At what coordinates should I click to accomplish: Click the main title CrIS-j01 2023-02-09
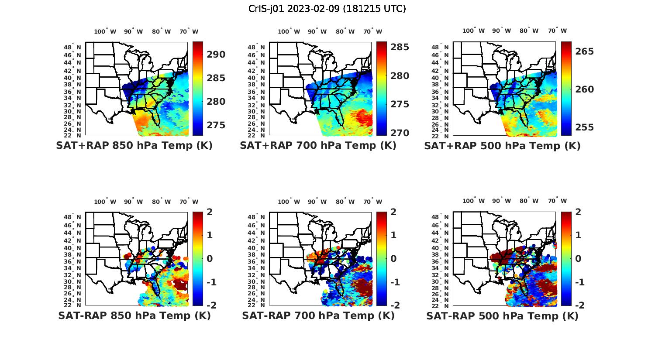[x=327, y=9]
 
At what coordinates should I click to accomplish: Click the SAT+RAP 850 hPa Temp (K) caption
[x=134, y=146]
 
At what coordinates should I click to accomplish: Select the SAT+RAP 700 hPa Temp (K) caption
[x=318, y=146]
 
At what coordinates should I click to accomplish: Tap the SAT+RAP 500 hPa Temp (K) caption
[x=502, y=146]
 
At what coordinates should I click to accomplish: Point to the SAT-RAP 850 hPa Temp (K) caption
[x=134, y=316]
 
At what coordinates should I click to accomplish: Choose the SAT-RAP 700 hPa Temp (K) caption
[x=318, y=316]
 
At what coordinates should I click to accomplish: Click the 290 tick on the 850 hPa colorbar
[x=216, y=55]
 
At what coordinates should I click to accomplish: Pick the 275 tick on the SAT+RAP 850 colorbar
[x=216, y=125]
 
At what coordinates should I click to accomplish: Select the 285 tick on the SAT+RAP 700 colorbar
[x=400, y=47]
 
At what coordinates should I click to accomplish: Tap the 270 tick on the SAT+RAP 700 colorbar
[x=400, y=133]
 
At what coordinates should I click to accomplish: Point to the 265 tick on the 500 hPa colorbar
[x=584, y=51]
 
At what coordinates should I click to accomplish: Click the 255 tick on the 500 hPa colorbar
[x=584, y=127]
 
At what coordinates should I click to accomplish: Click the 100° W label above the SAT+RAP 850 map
[x=105, y=31]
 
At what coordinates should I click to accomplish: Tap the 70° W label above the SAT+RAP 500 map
[x=557, y=31]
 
